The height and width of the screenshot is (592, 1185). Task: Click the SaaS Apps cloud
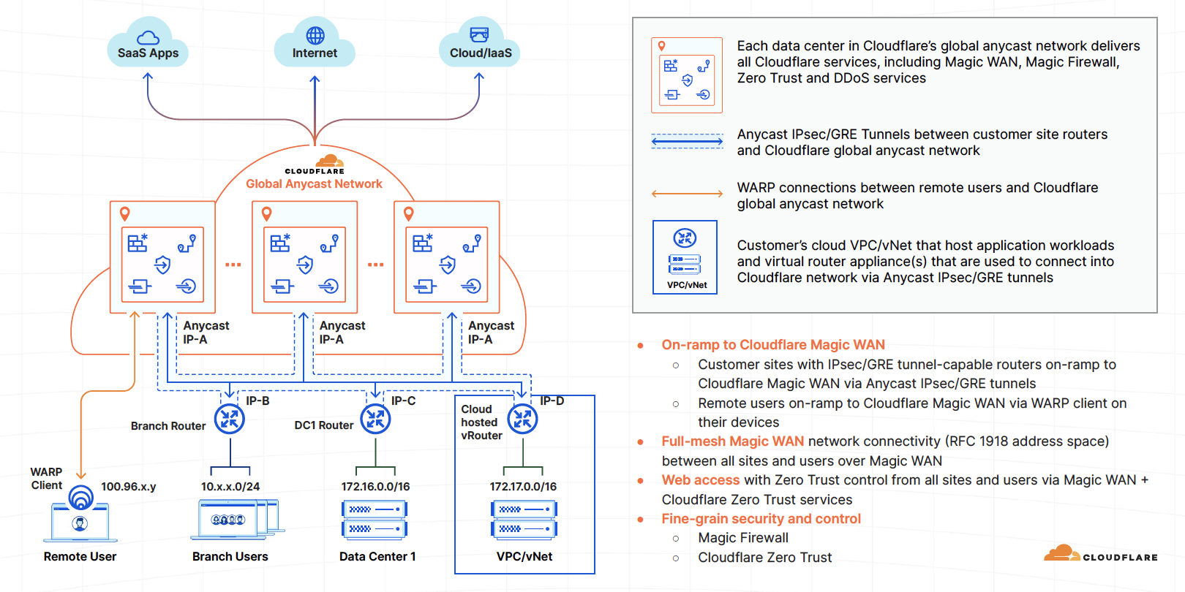pos(148,46)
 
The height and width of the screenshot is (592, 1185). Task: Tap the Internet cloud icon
pos(315,45)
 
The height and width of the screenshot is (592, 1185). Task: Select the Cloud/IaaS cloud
pos(480,45)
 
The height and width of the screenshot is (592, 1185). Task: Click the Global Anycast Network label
pos(314,184)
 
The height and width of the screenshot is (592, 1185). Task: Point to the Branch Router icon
pos(230,419)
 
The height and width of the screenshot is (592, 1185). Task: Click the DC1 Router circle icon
pos(375,419)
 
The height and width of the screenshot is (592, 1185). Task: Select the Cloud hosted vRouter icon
pos(523,419)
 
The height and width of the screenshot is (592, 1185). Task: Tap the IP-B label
pos(257,401)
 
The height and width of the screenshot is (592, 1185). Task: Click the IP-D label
pos(552,401)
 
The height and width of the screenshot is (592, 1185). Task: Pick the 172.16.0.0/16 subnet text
pos(375,487)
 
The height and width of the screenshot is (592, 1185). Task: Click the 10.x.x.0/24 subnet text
pos(230,487)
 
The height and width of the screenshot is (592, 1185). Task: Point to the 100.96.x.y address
pos(128,487)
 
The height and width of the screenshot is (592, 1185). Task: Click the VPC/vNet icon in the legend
pos(685,257)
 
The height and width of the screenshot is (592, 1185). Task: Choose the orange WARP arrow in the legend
pos(687,194)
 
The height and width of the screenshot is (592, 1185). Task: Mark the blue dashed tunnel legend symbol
pos(687,141)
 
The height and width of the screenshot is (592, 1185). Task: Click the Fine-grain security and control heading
pos(761,519)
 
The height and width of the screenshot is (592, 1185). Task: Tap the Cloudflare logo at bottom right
pos(1100,554)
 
